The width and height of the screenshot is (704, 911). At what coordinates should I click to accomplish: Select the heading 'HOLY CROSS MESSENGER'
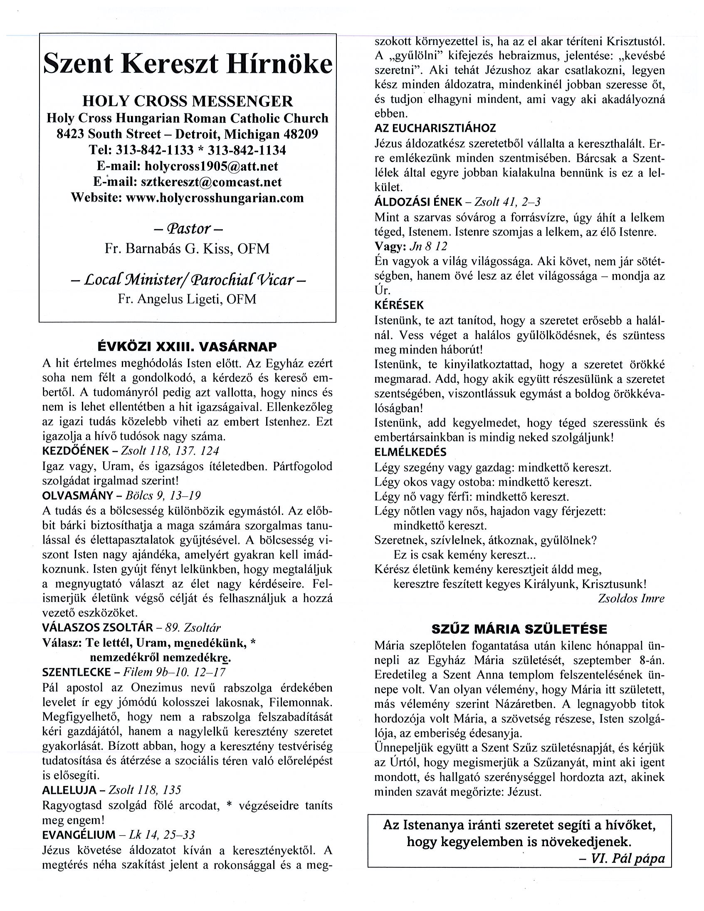coord(188,101)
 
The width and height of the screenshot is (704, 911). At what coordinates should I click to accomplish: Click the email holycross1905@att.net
coord(211,166)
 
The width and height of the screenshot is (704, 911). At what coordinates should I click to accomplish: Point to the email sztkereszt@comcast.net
coord(211,182)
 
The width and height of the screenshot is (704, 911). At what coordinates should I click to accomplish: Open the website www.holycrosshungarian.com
coord(215,197)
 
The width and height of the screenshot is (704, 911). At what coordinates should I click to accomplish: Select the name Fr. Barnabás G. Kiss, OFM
coord(187,249)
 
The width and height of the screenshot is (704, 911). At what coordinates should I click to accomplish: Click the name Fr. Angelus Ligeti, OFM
coord(187,299)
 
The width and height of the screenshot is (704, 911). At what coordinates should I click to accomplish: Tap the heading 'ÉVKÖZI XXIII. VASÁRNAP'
coord(187,347)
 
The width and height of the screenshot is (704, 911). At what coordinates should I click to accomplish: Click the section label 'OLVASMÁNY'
coord(78,495)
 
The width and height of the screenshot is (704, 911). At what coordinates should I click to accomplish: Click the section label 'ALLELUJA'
coord(72,790)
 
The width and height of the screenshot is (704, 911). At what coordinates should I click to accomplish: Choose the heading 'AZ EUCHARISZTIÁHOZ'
coord(435,128)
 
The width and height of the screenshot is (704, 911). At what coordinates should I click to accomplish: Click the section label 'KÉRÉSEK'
coord(398,305)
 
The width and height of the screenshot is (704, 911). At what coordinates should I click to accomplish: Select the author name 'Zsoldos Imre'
coord(630,598)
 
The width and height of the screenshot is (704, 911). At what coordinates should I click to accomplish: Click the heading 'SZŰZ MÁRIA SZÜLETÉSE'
coord(519,629)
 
